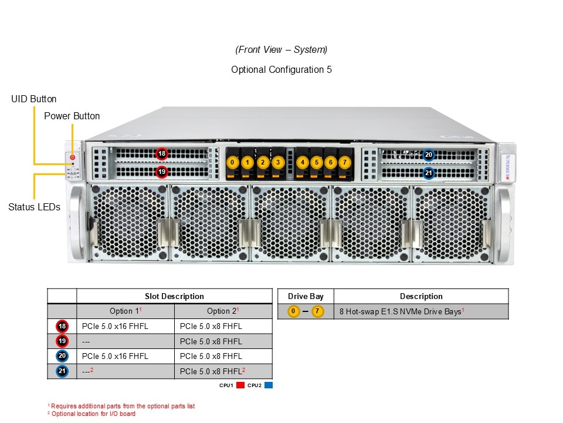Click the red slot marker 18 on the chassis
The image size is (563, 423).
point(162,154)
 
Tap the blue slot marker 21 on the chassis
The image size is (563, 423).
point(429,173)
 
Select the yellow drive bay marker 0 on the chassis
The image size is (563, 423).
point(233,162)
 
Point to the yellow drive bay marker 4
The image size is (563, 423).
point(303,162)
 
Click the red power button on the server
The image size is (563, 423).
point(73,157)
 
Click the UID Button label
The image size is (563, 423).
point(34,99)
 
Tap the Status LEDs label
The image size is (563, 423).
point(34,207)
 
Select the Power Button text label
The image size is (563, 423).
point(72,116)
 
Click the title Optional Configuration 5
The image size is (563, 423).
point(281,69)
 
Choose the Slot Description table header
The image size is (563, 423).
point(174,297)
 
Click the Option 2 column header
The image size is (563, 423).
point(223,311)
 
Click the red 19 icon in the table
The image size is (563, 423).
point(62,341)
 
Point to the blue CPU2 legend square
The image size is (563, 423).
point(269,385)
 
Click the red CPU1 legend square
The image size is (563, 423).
point(240,385)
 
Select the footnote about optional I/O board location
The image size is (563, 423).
point(91,414)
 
